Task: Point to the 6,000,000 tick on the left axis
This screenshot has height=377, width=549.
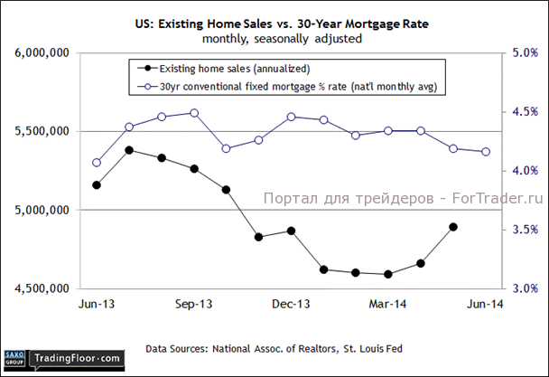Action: tap(43, 53)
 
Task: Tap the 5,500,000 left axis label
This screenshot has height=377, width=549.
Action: tap(43, 132)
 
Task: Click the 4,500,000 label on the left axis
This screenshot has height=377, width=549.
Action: tap(43, 289)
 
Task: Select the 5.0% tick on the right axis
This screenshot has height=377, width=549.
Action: tap(525, 53)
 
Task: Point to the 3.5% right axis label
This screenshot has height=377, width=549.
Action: tap(525, 231)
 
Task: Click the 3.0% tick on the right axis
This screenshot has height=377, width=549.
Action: tap(525, 289)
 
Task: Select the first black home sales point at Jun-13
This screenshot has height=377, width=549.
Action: tap(97, 185)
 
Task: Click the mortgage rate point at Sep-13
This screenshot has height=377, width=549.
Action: tap(194, 113)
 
